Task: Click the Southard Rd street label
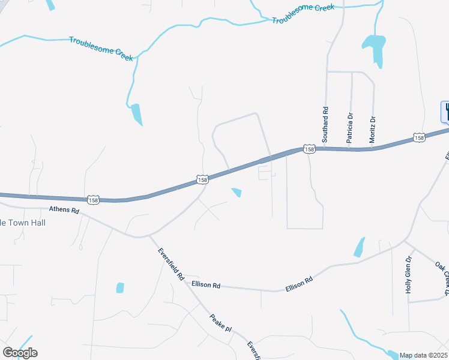click(x=325, y=124)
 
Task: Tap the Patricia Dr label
click(x=349, y=127)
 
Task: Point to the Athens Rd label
click(x=64, y=211)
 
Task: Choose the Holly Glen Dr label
click(x=408, y=274)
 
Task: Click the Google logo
click(x=20, y=353)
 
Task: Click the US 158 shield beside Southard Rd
click(x=309, y=148)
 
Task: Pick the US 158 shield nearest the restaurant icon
click(x=419, y=138)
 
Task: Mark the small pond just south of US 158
click(x=237, y=192)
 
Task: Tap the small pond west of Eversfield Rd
click(x=120, y=287)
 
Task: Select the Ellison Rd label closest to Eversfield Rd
click(x=206, y=284)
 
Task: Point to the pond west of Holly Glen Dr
click(x=360, y=247)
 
